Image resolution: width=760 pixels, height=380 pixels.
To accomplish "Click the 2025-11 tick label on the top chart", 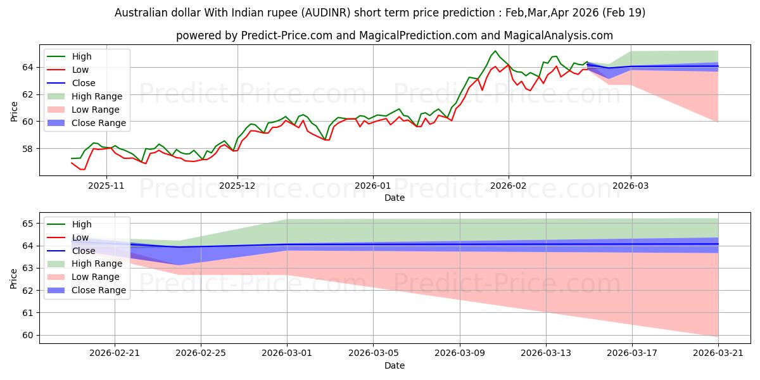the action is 106,186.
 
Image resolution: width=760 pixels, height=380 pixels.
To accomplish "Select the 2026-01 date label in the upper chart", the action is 373,186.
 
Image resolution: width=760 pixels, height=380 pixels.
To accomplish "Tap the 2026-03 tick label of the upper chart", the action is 630,186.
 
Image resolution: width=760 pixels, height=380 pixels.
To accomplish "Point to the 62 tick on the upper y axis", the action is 28,94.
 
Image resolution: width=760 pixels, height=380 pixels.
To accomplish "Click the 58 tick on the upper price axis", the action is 28,149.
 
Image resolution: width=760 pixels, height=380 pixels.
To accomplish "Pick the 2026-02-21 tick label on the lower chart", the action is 115,353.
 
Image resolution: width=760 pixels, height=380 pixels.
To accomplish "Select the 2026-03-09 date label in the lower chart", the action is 460,353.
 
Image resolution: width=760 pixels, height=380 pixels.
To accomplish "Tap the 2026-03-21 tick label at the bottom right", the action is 718,353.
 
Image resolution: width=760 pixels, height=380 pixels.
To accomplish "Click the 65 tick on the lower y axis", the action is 28,224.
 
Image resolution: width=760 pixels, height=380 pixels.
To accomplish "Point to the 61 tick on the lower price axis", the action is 28,313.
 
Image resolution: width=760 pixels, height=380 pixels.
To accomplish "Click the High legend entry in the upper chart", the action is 69,56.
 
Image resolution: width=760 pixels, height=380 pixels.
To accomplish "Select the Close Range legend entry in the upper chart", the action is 87,123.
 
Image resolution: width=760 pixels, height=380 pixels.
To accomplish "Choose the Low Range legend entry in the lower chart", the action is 84,277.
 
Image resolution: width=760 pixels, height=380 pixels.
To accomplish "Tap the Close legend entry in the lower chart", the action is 71,251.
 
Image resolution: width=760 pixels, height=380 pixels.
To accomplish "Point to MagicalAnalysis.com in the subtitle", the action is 558,35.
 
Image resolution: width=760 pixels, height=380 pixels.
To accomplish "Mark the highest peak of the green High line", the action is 495,51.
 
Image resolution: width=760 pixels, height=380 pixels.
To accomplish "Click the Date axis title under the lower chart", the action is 394,365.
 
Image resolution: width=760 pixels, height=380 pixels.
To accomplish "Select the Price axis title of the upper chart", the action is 14,111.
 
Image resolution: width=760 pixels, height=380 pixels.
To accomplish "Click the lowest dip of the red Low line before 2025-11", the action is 82,169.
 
